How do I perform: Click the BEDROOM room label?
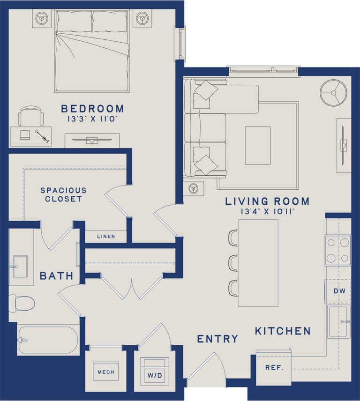(x=92, y=109)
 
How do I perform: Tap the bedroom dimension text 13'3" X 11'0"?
(x=92, y=119)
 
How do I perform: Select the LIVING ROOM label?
(x=267, y=201)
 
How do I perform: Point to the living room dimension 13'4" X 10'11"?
(x=267, y=212)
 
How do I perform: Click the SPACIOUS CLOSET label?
(x=63, y=194)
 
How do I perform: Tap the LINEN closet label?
(x=106, y=237)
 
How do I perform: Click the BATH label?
(x=56, y=276)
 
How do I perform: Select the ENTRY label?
(x=217, y=339)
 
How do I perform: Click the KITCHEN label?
(x=283, y=331)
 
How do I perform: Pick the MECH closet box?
(x=105, y=372)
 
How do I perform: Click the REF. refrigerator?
(x=274, y=368)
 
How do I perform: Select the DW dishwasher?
(x=339, y=291)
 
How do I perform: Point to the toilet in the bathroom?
(x=22, y=303)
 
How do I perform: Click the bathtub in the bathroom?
(x=48, y=340)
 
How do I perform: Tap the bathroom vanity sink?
(x=20, y=267)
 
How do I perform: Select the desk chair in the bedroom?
(x=31, y=115)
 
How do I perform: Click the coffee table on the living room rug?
(x=257, y=145)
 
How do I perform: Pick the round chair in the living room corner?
(x=333, y=92)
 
